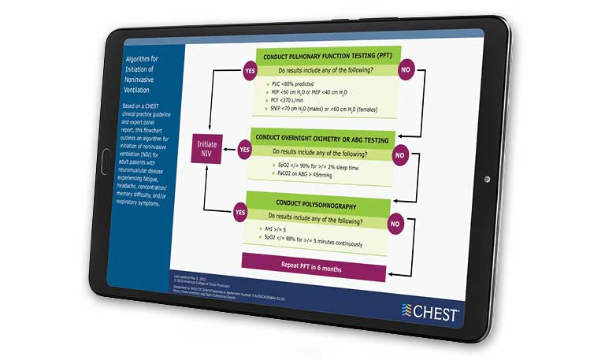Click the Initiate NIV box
coord(208,150)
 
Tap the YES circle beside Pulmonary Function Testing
coord(250,70)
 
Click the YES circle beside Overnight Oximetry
coord(244,148)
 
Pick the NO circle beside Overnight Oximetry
coord(399,155)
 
